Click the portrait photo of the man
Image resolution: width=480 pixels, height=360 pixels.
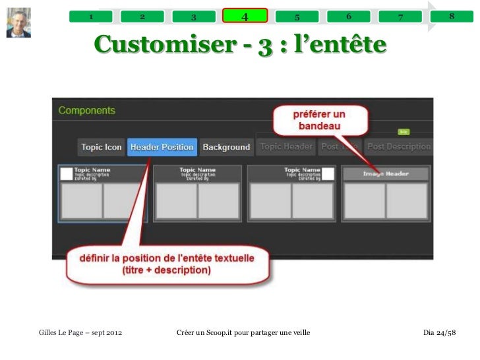coord(18,22)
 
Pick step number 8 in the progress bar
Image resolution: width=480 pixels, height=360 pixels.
coord(452,16)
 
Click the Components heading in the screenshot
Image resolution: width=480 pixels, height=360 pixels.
coord(86,111)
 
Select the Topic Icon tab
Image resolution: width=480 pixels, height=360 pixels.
coord(101,147)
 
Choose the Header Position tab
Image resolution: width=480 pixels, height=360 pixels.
coord(162,147)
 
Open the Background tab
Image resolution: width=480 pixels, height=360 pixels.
coord(226,147)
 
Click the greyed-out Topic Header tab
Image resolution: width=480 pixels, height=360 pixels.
coord(286,147)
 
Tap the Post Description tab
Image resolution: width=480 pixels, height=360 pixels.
coord(398,147)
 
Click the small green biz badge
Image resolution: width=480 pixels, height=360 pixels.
coord(404,132)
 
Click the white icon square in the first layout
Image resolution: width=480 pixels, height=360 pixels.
coord(66,173)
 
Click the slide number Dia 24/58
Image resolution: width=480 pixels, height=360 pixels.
coord(439,330)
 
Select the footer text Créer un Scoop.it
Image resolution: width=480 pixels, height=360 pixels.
coord(243,330)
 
